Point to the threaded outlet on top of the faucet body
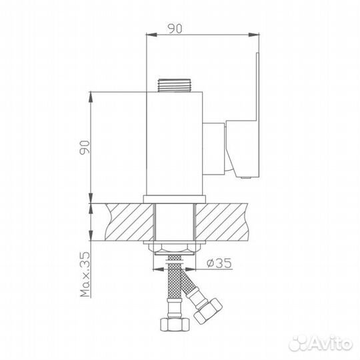click(175, 86)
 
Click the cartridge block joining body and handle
click(215, 147)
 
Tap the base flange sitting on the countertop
click(175, 198)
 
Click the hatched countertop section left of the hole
click(127, 222)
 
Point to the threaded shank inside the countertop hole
click(175, 223)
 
